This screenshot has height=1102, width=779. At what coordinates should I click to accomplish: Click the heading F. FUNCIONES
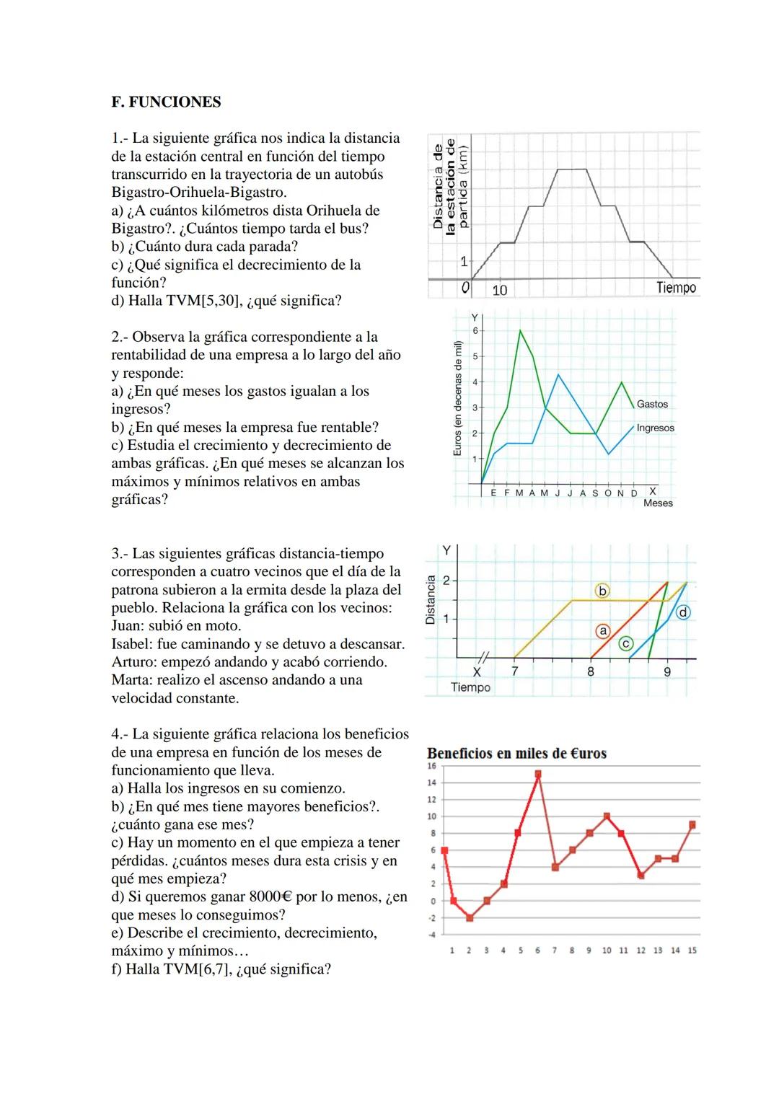(x=166, y=102)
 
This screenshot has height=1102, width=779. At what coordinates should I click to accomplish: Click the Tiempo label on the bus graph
(x=676, y=288)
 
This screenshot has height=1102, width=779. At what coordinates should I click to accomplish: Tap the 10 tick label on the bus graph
(x=499, y=291)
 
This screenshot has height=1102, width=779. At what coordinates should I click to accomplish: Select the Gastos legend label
(x=652, y=405)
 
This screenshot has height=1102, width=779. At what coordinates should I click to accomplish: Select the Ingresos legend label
(x=655, y=428)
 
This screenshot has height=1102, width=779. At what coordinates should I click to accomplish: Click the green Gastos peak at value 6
(x=520, y=330)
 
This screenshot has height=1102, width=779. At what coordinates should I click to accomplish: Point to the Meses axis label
(x=658, y=503)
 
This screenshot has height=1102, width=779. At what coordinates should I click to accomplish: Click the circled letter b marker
(x=602, y=591)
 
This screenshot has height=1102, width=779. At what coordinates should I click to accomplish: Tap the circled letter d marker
(x=682, y=612)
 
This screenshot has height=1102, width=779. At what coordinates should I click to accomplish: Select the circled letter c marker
(x=626, y=643)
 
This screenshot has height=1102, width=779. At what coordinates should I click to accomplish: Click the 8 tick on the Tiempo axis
(x=590, y=672)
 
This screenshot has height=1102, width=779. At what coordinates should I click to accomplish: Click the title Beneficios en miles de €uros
(x=516, y=754)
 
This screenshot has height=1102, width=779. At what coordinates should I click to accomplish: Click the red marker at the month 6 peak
(x=537, y=774)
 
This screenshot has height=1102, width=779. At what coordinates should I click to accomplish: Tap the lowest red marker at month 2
(x=470, y=918)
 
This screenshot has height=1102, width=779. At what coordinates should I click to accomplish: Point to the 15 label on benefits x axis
(x=692, y=951)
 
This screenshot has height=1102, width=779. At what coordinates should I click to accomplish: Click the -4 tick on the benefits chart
(x=432, y=935)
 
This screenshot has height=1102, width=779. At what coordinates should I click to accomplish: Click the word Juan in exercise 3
(x=127, y=626)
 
